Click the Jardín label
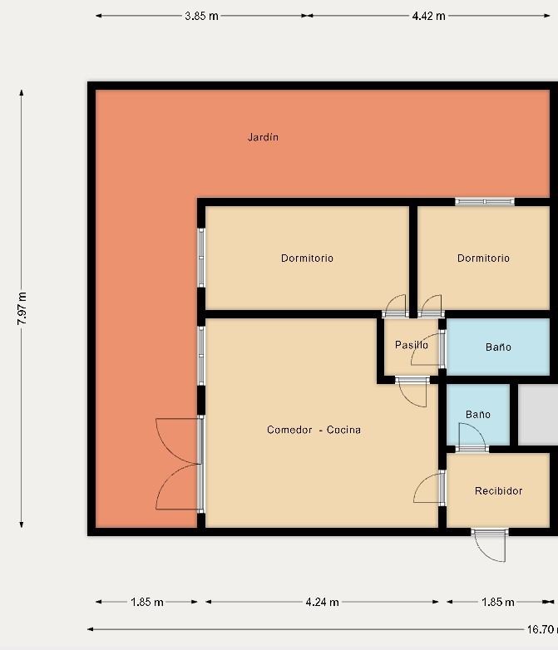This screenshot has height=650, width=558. tap(263, 137)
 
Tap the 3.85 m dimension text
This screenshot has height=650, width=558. tap(201, 16)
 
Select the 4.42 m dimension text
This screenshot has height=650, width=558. tap(428, 16)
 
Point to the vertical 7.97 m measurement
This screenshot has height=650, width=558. tap(22, 308)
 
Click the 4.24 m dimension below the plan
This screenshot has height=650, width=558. tap(322, 602)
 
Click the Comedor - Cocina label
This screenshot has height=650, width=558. tap(314, 430)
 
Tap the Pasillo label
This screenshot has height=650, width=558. tap(412, 345)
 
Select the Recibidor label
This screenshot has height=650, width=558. tap(498, 491)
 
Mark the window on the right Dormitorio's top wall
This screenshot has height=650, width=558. tap(485, 202)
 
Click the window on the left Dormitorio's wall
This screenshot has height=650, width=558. tap(201, 258)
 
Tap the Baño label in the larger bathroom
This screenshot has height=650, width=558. tap(498, 347)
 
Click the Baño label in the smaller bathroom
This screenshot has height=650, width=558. tap(478, 415)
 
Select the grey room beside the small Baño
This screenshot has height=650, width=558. tap(538, 415)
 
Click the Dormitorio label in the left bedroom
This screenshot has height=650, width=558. tap(307, 259)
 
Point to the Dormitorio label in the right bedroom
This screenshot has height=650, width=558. tap(483, 259)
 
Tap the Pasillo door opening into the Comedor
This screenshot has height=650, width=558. tap(412, 391)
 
